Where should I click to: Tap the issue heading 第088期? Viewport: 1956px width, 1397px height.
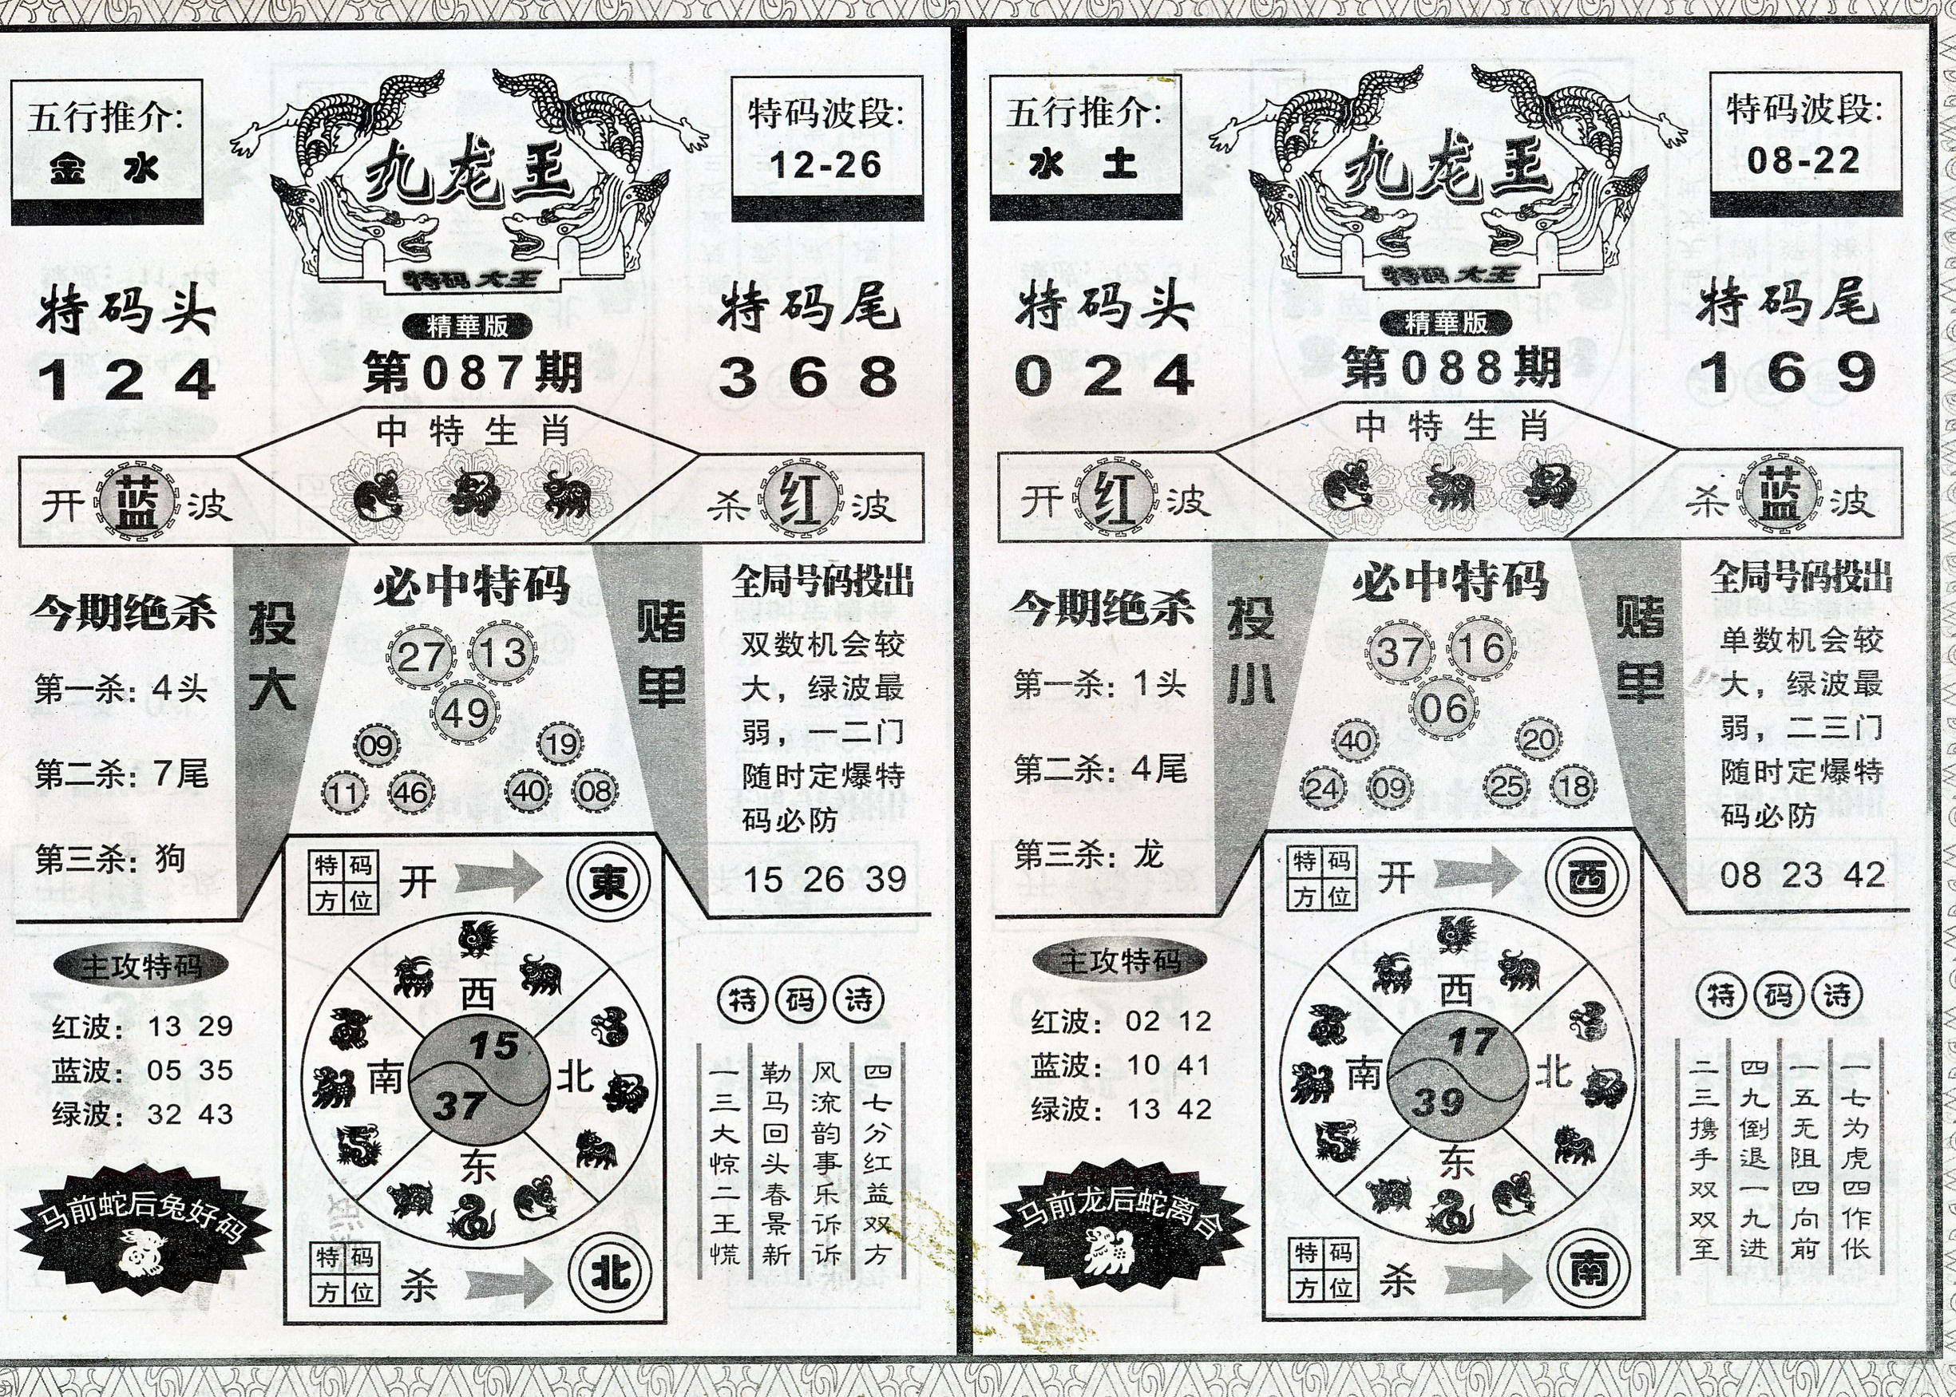[1451, 369]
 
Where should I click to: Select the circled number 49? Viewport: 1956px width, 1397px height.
[465, 713]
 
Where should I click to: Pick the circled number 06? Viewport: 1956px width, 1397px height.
[1443, 709]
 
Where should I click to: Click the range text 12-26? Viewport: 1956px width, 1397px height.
[826, 164]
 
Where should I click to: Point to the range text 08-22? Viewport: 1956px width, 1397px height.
[1804, 160]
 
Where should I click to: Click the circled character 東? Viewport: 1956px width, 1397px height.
[608, 882]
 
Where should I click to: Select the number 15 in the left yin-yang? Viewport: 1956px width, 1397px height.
[493, 1046]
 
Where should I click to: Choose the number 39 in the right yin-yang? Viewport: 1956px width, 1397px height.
[1438, 1101]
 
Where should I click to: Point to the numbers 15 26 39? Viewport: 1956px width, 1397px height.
[825, 879]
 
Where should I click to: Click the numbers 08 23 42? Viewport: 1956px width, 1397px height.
[1803, 875]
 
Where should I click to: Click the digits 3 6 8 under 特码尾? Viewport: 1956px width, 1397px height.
[808, 378]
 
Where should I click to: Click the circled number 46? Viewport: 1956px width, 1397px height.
[410, 792]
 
